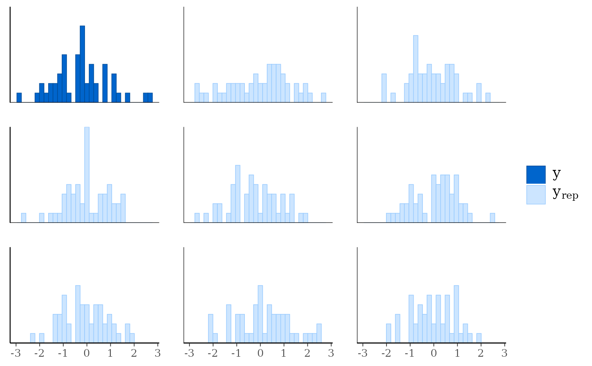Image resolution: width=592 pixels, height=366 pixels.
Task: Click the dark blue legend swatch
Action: (x=536, y=175)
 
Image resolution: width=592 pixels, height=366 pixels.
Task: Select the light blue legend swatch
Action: (x=536, y=195)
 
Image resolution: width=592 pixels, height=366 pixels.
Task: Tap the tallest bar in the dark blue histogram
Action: (x=82, y=63)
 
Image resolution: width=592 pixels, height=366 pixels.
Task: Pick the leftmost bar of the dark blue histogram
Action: (x=19, y=97)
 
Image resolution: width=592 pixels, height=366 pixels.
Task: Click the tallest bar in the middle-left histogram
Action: (x=87, y=175)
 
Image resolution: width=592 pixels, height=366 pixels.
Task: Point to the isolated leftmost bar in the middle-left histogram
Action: (x=24, y=217)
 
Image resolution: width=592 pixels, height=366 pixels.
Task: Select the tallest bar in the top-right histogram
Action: (x=416, y=68)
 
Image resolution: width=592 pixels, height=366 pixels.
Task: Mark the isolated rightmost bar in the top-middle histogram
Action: (x=323, y=97)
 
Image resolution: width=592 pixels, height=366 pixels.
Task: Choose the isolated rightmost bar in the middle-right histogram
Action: (x=492, y=217)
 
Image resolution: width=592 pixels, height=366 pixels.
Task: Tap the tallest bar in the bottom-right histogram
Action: (x=456, y=313)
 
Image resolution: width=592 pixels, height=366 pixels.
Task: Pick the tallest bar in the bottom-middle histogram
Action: (x=260, y=313)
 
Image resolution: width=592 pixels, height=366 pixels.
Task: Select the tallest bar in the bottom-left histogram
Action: (x=78, y=313)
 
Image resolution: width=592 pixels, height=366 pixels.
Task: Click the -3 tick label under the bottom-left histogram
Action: (x=16, y=353)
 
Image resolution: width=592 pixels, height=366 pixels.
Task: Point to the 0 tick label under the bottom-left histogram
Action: (x=87, y=353)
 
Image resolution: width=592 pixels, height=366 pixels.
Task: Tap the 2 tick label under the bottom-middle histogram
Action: (x=307, y=353)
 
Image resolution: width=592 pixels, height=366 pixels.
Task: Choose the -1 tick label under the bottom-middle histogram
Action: (x=236, y=353)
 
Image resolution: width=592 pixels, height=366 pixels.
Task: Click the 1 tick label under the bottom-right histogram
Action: (x=457, y=353)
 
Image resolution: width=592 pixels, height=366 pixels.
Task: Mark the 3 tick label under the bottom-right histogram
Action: (x=504, y=353)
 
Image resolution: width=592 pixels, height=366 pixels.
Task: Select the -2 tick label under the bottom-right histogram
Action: (x=386, y=353)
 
